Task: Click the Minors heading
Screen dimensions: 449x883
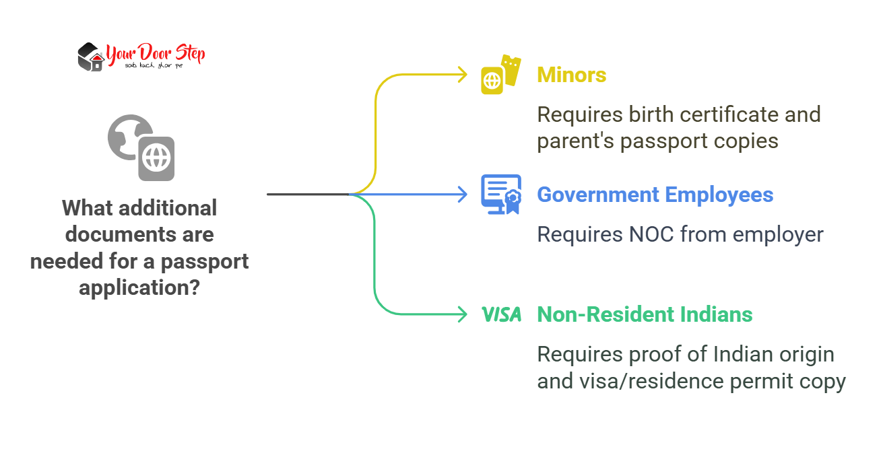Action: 571,75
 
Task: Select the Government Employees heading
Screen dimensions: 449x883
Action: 655,195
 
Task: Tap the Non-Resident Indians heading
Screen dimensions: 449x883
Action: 645,314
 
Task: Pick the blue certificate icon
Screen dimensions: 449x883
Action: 500,194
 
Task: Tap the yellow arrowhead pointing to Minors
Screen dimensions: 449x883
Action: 462,75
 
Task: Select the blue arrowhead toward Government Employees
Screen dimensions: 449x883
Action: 462,195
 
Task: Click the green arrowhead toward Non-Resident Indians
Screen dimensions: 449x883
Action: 462,314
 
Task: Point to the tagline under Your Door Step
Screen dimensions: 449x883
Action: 154,65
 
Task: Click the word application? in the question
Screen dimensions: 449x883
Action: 139,287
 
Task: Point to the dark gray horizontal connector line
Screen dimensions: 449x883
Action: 307,195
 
